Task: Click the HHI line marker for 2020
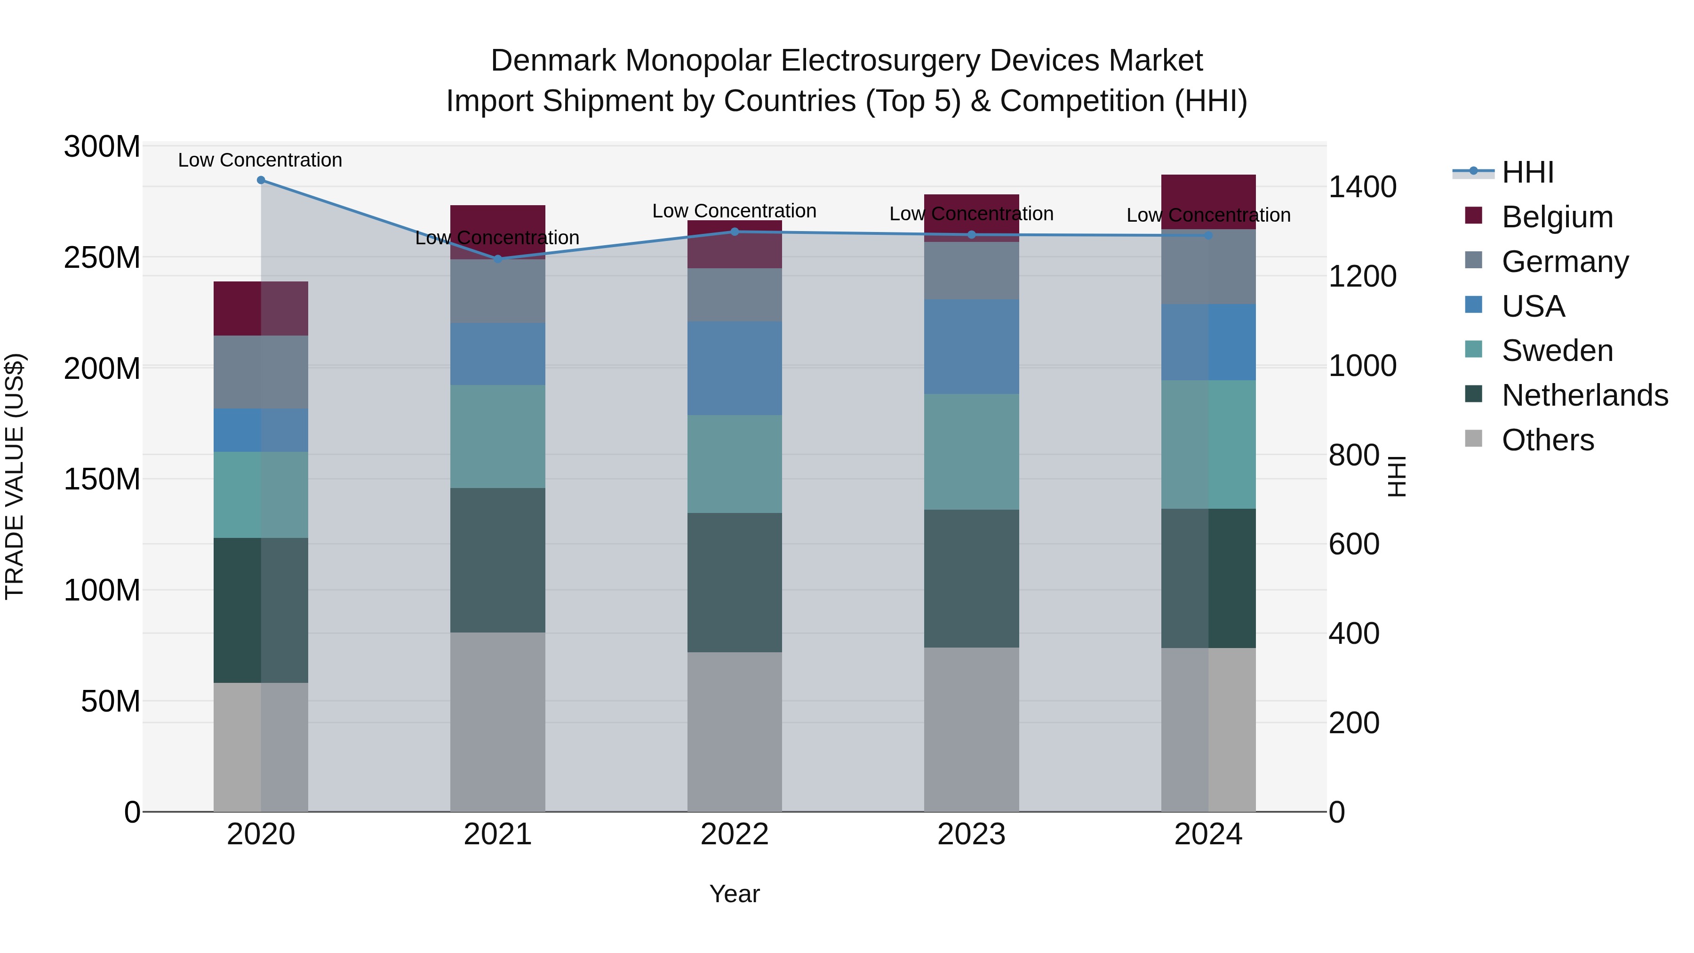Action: pyautogui.click(x=261, y=180)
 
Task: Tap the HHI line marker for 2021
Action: pyautogui.click(x=498, y=259)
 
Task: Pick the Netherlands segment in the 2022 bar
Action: pyautogui.click(x=735, y=583)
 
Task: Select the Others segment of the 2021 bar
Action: pyautogui.click(x=498, y=722)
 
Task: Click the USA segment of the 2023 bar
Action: pyautogui.click(x=971, y=346)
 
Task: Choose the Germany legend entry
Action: pyautogui.click(x=1565, y=262)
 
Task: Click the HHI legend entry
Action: pyautogui.click(x=1527, y=172)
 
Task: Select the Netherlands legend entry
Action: pyautogui.click(x=1584, y=395)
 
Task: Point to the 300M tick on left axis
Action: pyautogui.click(x=102, y=147)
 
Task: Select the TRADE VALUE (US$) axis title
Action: pyautogui.click(x=15, y=476)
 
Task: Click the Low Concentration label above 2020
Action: pyautogui.click(x=260, y=160)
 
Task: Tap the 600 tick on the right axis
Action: pyautogui.click(x=1353, y=545)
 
